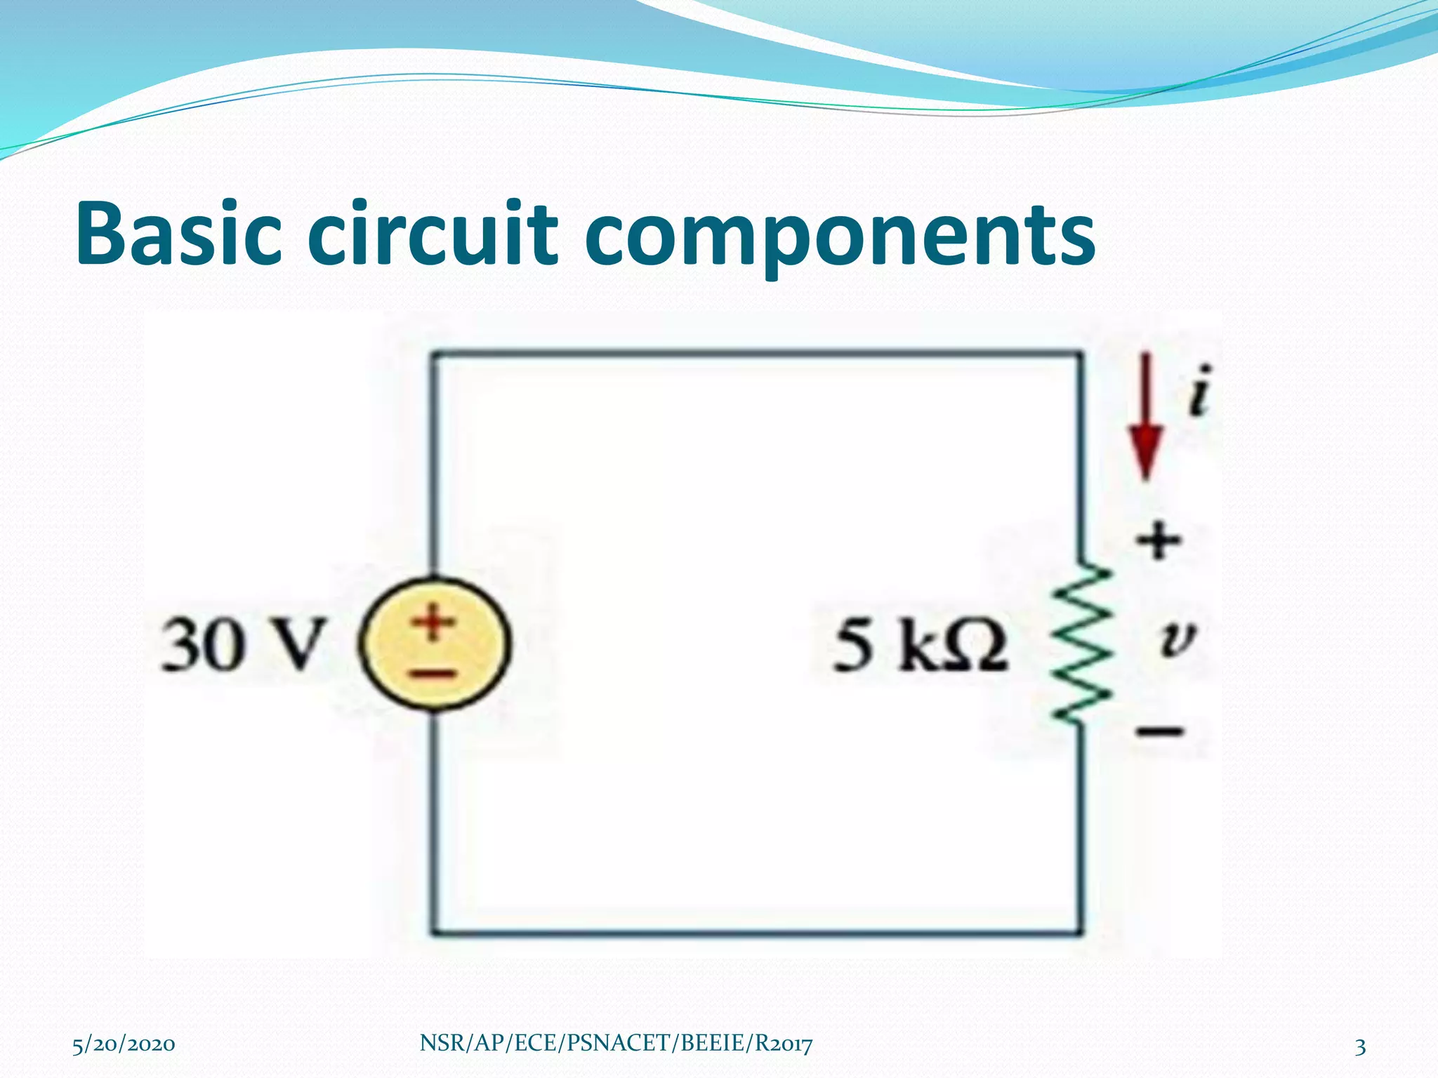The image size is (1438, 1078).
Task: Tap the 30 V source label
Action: (x=243, y=644)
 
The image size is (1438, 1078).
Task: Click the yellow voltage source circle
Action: (x=436, y=644)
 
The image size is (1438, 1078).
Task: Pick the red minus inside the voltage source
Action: (x=433, y=674)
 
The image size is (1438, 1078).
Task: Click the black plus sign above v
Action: (x=1159, y=541)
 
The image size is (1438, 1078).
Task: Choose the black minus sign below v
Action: (x=1161, y=732)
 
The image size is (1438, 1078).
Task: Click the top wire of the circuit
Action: (x=756, y=355)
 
